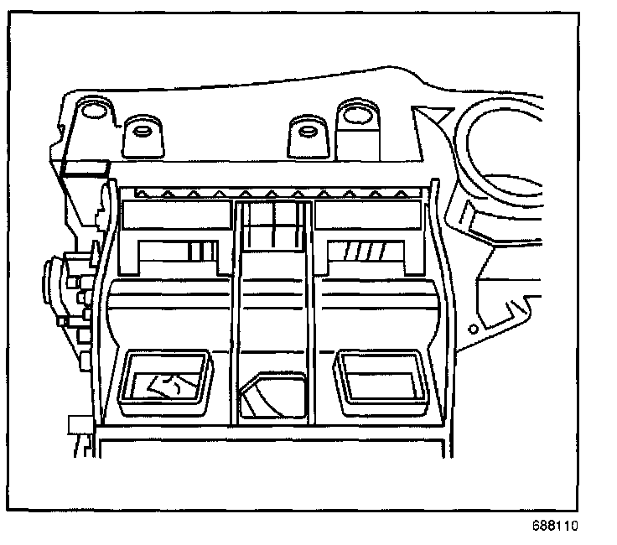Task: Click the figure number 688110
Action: pyautogui.click(x=555, y=527)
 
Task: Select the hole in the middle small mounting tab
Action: pyautogui.click(x=303, y=129)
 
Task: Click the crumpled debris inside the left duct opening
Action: pyautogui.click(x=169, y=382)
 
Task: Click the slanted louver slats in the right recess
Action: pyautogui.click(x=369, y=250)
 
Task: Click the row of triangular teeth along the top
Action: pyautogui.click(x=277, y=194)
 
